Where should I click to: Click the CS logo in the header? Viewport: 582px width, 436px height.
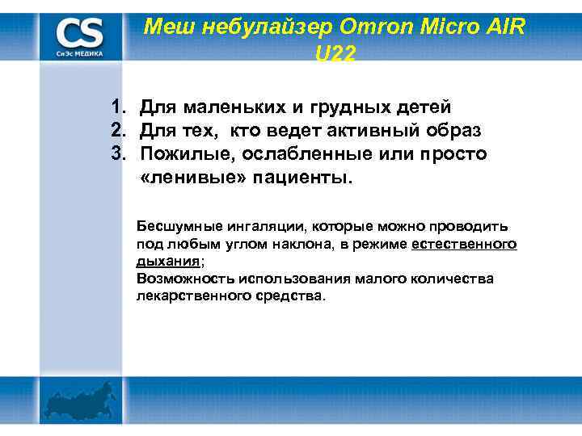[80, 36]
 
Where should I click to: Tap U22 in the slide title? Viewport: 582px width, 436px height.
[332, 53]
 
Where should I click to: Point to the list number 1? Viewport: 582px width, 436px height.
[119, 107]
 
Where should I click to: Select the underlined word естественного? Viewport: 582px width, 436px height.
[464, 245]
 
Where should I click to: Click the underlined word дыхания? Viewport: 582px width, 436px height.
[167, 262]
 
